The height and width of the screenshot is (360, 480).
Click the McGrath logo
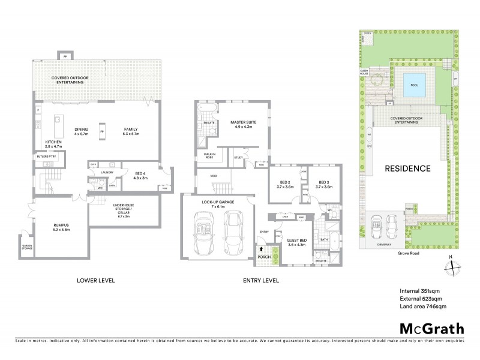(431, 328)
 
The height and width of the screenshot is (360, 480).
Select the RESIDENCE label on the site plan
(407, 169)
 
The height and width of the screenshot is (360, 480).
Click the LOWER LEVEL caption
(95, 280)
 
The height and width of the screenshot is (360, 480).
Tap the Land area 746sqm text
(423, 307)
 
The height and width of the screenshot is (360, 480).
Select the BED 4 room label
(140, 175)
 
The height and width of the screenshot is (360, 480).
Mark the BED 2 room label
(285, 184)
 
